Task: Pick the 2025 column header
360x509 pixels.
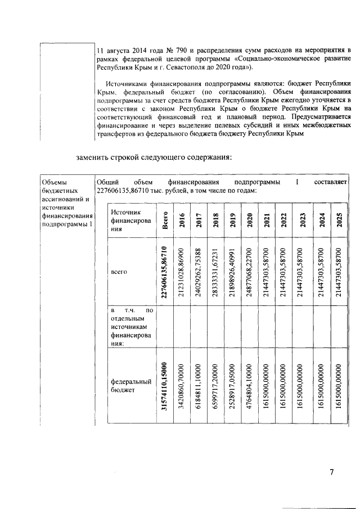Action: [x=339, y=220]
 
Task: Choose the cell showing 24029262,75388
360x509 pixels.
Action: [x=199, y=272]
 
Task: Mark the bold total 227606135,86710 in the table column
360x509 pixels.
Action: [x=164, y=272]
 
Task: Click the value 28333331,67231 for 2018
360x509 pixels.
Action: [x=215, y=272]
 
